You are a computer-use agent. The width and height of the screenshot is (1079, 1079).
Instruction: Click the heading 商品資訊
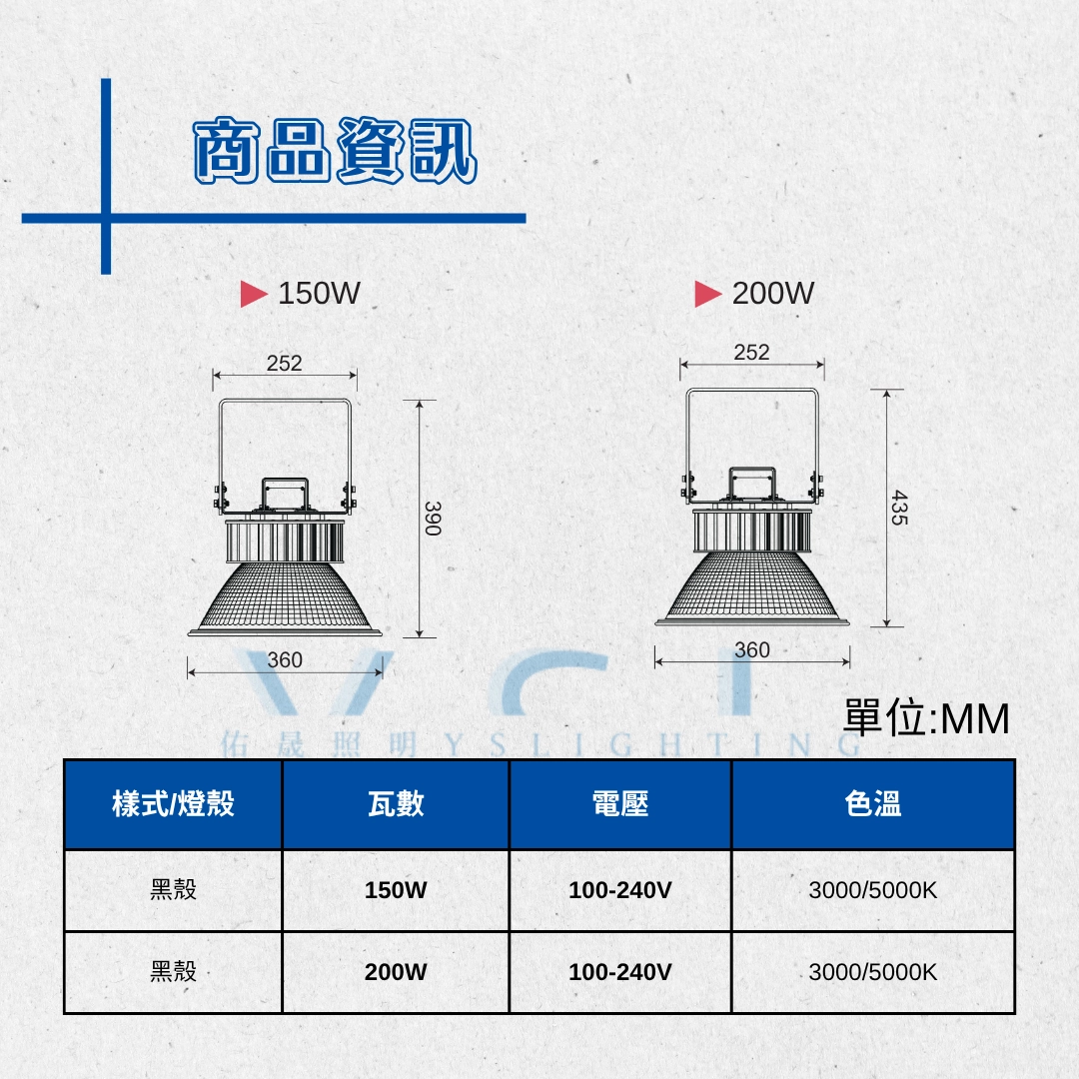click(335, 151)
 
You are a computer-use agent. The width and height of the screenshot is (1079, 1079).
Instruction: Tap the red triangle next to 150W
click(253, 294)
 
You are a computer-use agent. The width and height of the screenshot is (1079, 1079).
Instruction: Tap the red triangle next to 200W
click(707, 294)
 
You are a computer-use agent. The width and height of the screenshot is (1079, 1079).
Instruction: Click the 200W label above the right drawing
click(772, 293)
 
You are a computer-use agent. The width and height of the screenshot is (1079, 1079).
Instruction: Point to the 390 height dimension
click(433, 519)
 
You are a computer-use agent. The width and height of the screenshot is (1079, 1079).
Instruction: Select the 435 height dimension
click(899, 508)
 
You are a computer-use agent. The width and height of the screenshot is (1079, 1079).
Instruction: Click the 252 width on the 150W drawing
click(284, 363)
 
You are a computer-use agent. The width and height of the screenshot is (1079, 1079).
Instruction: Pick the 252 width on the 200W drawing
click(751, 353)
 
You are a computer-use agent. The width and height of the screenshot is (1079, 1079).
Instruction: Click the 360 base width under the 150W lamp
click(285, 660)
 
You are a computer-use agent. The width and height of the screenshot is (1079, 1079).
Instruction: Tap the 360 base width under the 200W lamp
click(752, 649)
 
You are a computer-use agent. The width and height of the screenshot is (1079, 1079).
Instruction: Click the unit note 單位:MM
click(926, 718)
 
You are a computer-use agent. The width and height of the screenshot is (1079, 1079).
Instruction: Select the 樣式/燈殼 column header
click(174, 803)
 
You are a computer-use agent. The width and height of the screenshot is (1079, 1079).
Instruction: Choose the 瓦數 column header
click(396, 803)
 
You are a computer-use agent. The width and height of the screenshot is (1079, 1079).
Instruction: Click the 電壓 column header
click(620, 803)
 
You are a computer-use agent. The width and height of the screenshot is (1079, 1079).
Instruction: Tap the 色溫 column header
click(873, 803)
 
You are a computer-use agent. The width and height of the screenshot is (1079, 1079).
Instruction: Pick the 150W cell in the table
click(396, 890)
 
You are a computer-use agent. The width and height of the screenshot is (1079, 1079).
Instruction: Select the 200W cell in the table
click(396, 972)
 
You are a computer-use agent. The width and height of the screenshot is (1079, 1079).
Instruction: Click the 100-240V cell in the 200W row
click(620, 972)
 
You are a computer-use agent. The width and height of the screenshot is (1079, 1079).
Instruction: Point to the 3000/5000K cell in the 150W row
click(873, 890)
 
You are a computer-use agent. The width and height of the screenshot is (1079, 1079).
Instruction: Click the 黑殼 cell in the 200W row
click(174, 972)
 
